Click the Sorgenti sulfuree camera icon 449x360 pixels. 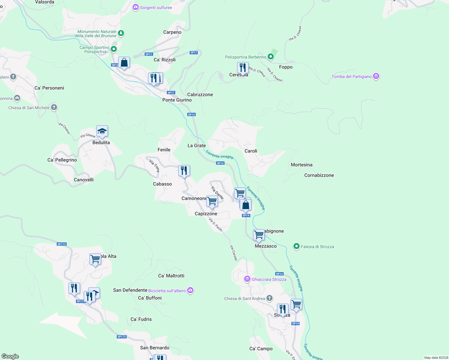click(x=136, y=7)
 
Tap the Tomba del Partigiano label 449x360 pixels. click(x=351, y=76)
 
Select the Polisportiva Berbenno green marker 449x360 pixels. click(x=270, y=56)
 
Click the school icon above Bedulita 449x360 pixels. click(x=102, y=131)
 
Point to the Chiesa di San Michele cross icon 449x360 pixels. click(x=54, y=107)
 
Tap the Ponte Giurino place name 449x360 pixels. click(x=177, y=100)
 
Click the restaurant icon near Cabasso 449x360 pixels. click(x=184, y=171)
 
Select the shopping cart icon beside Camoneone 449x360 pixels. click(x=212, y=201)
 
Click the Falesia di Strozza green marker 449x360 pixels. click(x=297, y=246)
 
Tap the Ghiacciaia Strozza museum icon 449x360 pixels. click(x=247, y=279)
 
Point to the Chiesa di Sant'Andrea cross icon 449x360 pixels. click(x=270, y=298)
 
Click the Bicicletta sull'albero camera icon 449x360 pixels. click(x=190, y=290)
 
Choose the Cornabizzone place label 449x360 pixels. click(x=319, y=175)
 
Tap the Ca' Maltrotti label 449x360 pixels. click(x=171, y=276)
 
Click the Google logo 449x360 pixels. click(x=10, y=356)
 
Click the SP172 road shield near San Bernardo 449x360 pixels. click(x=122, y=337)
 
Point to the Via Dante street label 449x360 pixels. click(x=217, y=193)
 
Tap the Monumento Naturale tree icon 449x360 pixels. click(x=121, y=33)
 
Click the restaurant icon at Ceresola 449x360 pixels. click(x=243, y=68)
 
